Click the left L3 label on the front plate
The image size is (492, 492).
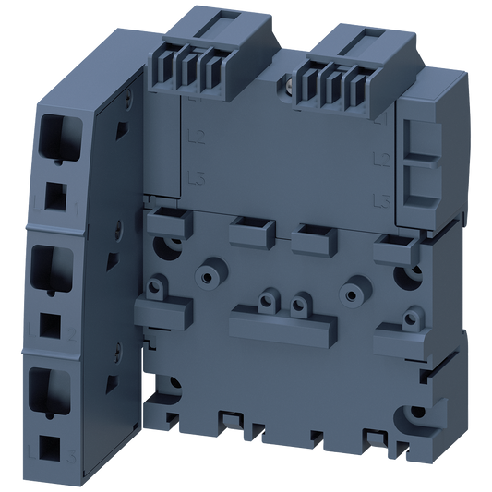point(194,176)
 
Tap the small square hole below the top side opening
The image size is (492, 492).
point(56,196)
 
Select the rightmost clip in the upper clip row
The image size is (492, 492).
point(392,245)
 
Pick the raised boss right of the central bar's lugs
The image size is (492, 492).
point(350,289)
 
